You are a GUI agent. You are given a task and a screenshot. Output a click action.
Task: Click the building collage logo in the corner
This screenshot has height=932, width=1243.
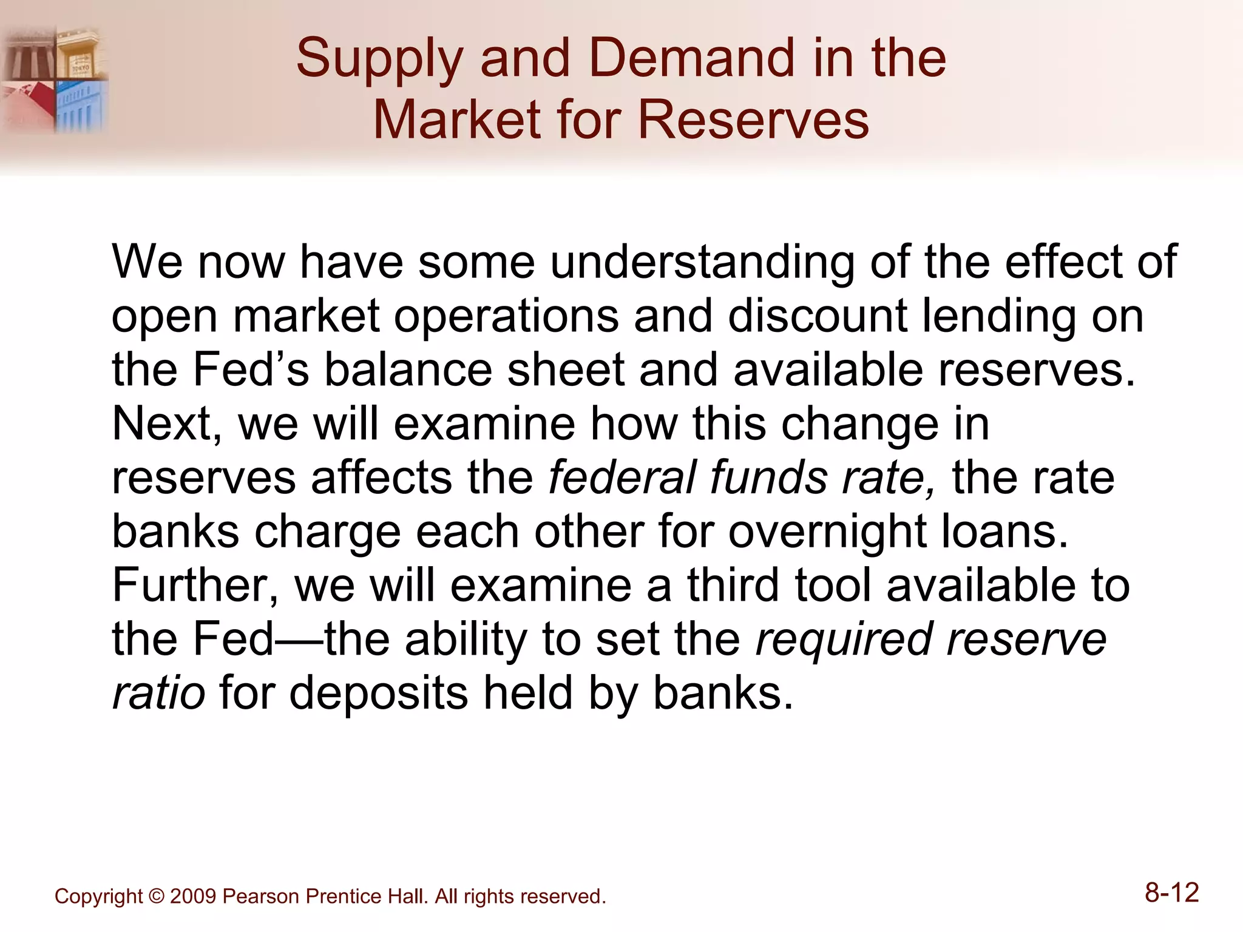pyautogui.click(x=55, y=79)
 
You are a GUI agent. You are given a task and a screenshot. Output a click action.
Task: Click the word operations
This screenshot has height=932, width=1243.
pyautogui.click(x=506, y=316)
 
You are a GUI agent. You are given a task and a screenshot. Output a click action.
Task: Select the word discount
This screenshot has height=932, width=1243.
pyautogui.click(x=817, y=316)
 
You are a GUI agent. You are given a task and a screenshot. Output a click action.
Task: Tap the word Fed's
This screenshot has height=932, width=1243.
pyautogui.click(x=251, y=370)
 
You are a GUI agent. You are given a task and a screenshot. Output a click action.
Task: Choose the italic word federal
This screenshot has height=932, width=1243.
pyautogui.click(x=621, y=478)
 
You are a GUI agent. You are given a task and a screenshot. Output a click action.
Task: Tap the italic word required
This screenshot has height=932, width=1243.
pyautogui.click(x=843, y=640)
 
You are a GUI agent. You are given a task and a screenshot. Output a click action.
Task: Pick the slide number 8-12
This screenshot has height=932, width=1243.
pyautogui.click(x=1171, y=893)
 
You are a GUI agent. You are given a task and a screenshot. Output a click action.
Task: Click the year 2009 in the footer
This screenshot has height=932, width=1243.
pyautogui.click(x=193, y=896)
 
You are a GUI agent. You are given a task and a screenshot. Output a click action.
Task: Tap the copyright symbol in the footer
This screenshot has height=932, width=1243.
pyautogui.click(x=156, y=896)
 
